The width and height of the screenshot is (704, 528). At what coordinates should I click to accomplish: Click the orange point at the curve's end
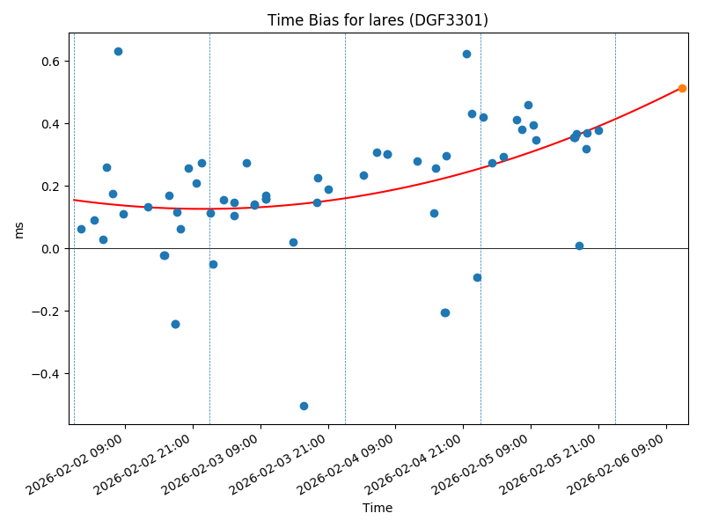click(x=682, y=88)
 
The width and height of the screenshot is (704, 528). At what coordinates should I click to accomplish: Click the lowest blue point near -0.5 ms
click(x=304, y=406)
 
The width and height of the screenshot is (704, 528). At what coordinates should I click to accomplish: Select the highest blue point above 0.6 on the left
click(x=118, y=51)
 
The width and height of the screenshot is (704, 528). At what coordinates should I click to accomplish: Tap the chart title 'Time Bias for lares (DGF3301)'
click(x=378, y=20)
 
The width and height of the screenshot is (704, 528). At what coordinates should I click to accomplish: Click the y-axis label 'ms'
click(x=18, y=229)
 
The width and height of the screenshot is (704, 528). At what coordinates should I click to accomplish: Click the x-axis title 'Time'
click(x=378, y=508)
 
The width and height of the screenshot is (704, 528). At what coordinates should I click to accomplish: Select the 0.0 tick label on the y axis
click(x=51, y=249)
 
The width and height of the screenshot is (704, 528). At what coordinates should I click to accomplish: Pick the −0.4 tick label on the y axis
click(x=47, y=374)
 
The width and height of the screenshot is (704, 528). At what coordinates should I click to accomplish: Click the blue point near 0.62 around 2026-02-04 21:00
click(x=466, y=54)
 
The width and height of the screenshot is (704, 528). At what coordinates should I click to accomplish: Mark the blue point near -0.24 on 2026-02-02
click(x=175, y=324)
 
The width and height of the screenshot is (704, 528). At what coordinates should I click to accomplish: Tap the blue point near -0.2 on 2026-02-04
click(x=444, y=312)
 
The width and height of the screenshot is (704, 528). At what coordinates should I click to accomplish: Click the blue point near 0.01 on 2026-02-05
click(x=579, y=246)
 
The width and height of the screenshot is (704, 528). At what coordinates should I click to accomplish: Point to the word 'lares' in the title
click(x=365, y=20)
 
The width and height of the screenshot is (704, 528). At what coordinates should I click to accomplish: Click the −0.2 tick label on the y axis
click(x=47, y=312)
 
